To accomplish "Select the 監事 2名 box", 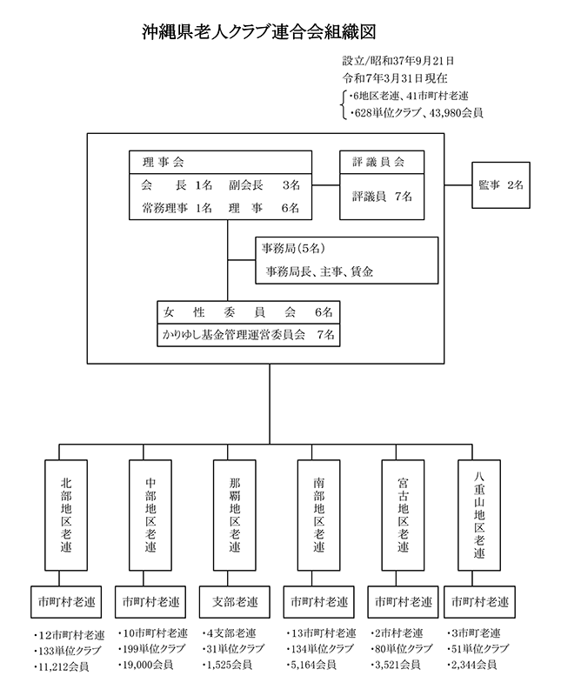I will click(x=501, y=184).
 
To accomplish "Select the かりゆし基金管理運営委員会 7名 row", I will click(x=248, y=333).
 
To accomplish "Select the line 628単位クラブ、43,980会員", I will click(x=417, y=112).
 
